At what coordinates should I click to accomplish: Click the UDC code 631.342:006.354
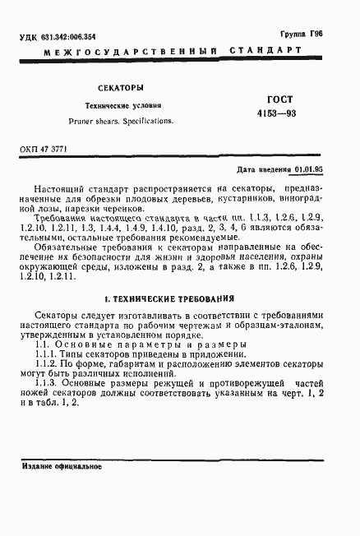tap(67, 36)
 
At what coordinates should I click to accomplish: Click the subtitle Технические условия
tap(125, 106)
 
